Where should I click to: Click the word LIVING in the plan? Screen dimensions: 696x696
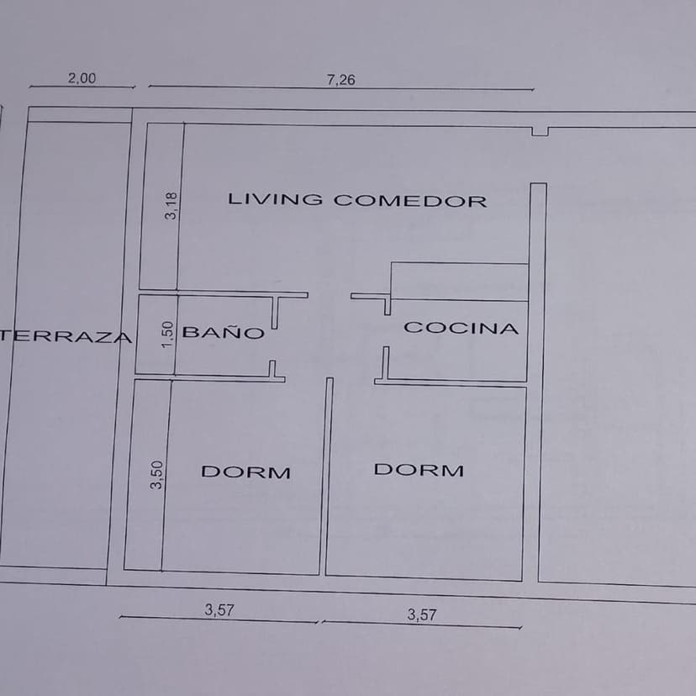pos(275,199)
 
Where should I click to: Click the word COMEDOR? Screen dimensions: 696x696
pos(410,201)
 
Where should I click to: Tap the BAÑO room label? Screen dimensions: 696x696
pos(224,332)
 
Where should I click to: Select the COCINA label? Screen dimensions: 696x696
pos(461,328)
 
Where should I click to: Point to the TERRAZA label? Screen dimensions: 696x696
pos(66,336)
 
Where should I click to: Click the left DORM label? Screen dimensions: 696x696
pos(246,472)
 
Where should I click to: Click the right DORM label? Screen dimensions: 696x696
pos(419,470)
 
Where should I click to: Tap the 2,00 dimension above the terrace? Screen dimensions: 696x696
pos(82,78)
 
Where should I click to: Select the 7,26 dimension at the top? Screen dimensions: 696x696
pos(341,80)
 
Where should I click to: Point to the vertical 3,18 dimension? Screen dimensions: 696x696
pos(171,205)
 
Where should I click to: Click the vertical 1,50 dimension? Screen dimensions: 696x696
pos(167,335)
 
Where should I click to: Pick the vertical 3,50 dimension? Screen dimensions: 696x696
pos(156,475)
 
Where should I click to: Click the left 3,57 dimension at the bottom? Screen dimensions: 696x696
pos(219,610)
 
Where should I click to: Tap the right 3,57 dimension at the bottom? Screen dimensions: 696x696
pos(422,614)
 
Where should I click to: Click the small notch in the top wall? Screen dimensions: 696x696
pos(540,131)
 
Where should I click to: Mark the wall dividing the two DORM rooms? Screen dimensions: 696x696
pos(326,477)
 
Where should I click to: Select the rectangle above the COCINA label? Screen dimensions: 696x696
pos(460,282)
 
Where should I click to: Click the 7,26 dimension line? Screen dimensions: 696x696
pos(341,87)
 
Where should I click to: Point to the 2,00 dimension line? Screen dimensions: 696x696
pos(82,87)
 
